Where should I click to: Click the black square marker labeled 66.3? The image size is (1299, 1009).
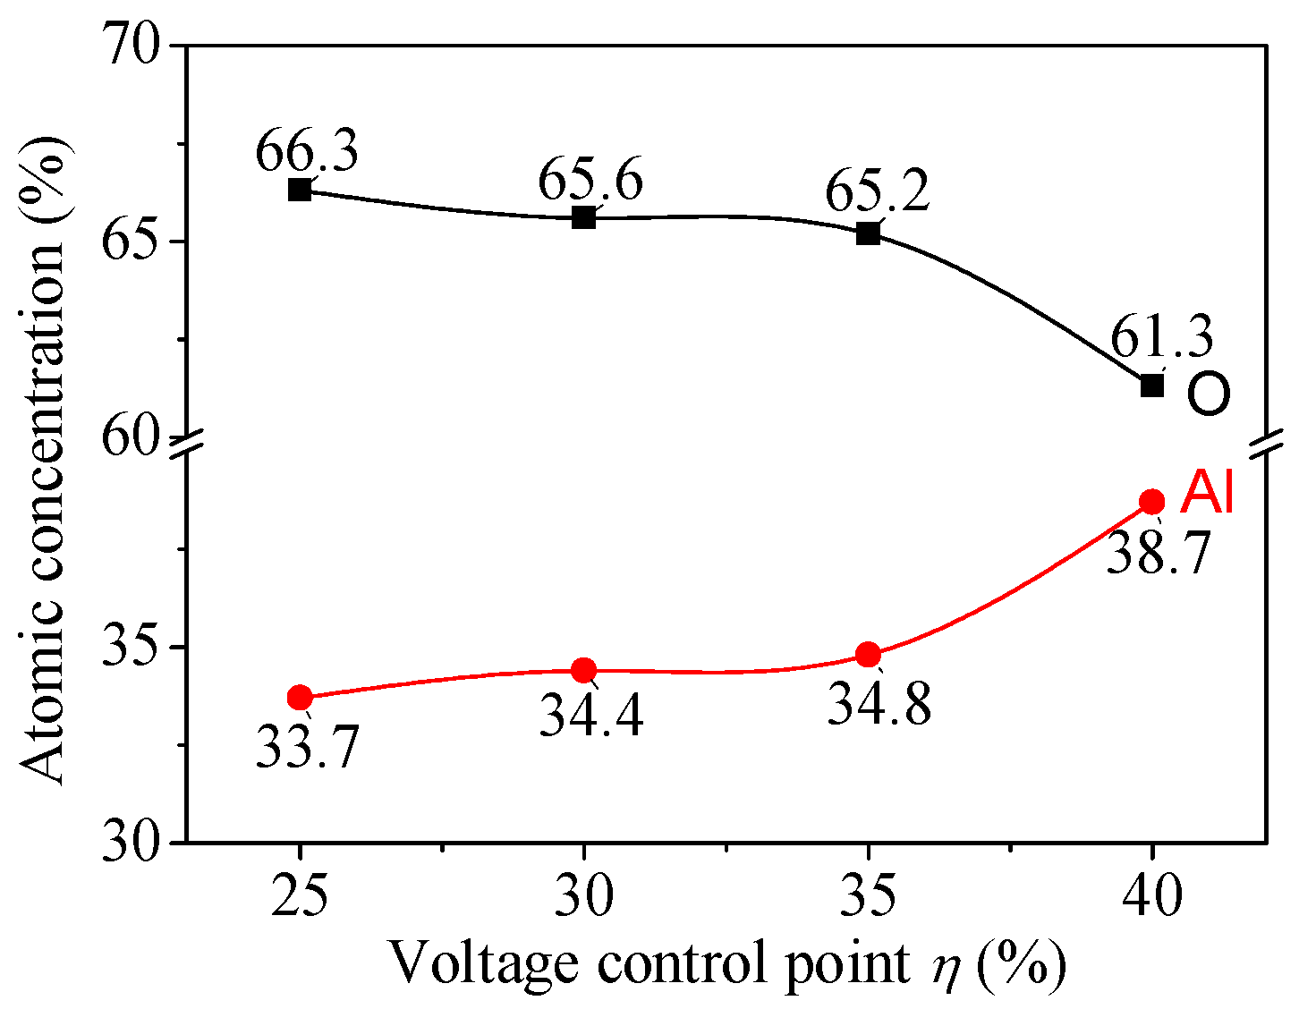(300, 190)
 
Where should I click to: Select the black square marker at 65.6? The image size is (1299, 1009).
(584, 217)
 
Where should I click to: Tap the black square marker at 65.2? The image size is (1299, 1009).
(868, 234)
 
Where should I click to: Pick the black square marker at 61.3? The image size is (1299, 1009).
(1152, 386)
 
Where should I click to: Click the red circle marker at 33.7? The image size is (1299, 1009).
(300, 697)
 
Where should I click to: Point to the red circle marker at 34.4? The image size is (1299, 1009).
(584, 669)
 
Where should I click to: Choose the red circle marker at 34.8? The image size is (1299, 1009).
(868, 655)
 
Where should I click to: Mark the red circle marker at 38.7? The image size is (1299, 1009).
(1152, 501)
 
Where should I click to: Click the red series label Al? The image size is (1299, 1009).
(1207, 493)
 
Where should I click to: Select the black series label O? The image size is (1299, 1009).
(1209, 394)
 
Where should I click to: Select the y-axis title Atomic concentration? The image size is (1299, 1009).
(42, 443)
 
